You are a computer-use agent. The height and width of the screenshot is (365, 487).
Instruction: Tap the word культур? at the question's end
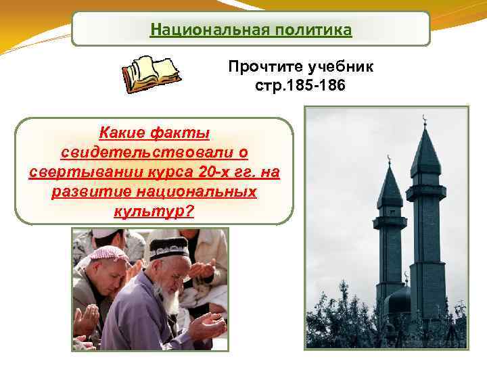tap(154, 212)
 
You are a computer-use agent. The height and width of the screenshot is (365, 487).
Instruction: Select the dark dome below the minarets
tap(399, 298)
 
